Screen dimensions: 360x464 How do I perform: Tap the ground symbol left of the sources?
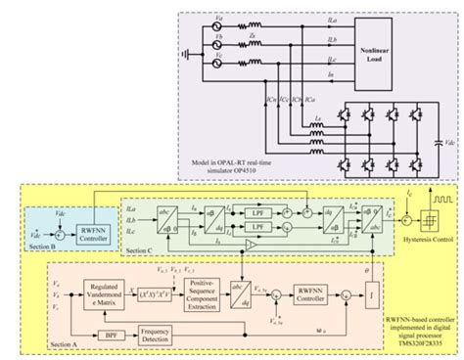point(182,51)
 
